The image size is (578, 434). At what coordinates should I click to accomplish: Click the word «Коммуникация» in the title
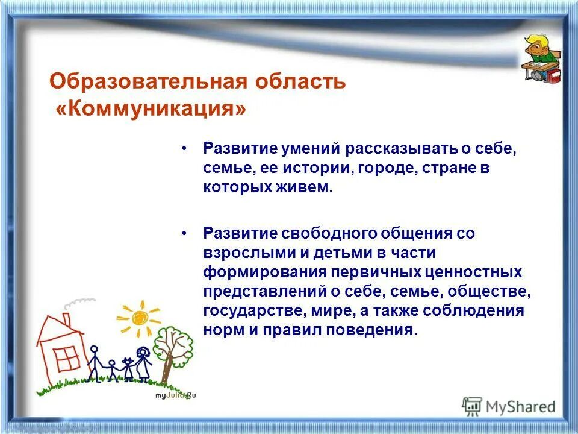(x=151, y=109)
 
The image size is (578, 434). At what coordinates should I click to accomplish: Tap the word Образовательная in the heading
(x=148, y=81)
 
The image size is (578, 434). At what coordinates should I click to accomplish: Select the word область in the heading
(x=300, y=81)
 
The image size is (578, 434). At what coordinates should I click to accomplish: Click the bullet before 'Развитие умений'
(x=184, y=149)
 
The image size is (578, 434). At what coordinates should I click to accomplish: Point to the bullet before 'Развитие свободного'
(x=184, y=233)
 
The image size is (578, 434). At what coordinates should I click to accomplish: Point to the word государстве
(x=255, y=311)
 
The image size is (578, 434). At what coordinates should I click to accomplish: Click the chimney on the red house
(x=66, y=319)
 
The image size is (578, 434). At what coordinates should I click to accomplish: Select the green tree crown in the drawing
(x=173, y=345)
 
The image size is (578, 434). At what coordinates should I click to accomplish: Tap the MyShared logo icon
(x=472, y=407)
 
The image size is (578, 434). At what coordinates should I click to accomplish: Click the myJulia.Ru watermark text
(x=175, y=395)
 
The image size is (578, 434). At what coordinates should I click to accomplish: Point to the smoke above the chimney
(x=79, y=304)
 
